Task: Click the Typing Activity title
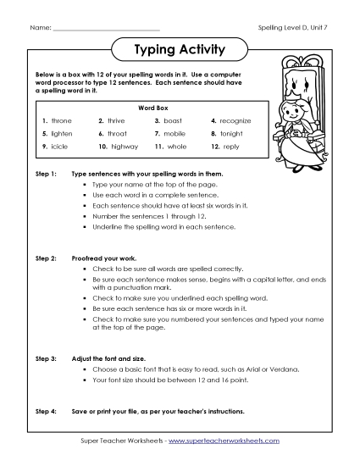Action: pyautogui.click(x=180, y=50)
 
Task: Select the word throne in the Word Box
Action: pyautogui.click(x=63, y=121)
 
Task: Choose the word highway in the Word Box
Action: pyautogui.click(x=124, y=147)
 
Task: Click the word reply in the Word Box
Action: pyautogui.click(x=232, y=147)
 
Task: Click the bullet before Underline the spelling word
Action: pyautogui.click(x=86, y=228)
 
